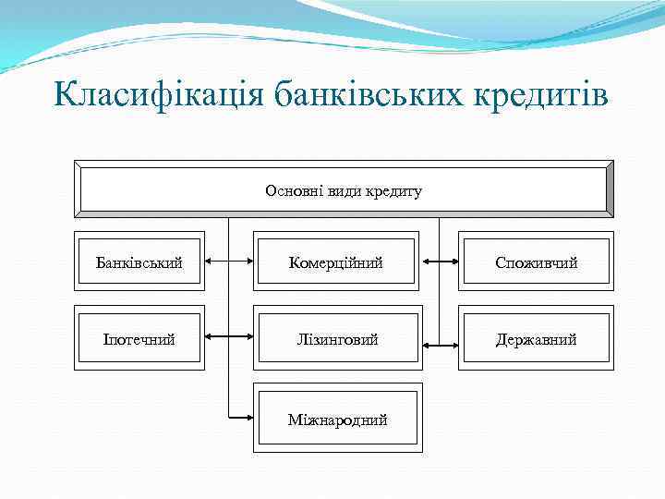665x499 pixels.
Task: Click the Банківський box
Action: pos(139,263)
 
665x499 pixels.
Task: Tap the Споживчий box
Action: pos(537,263)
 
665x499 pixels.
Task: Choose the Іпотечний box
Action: pos(139,339)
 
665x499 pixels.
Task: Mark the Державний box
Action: pos(537,339)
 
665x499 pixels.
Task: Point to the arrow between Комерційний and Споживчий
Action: pos(440,262)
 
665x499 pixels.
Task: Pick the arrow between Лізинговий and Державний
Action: pos(440,347)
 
